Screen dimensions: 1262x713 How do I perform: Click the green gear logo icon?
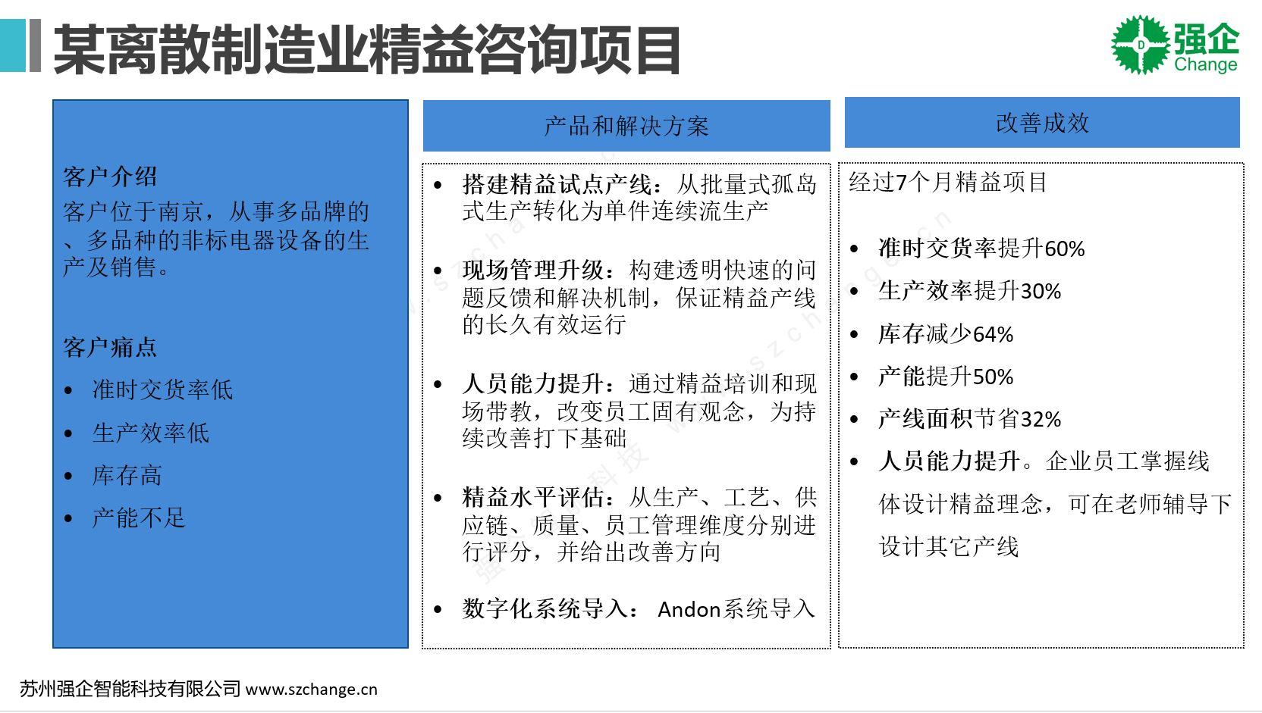pyautogui.click(x=1141, y=45)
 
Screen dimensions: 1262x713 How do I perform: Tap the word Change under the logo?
pyautogui.click(x=1206, y=64)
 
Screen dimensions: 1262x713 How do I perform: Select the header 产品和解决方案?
pyautogui.click(x=626, y=126)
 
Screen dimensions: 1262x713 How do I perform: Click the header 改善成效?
pyautogui.click(x=1042, y=124)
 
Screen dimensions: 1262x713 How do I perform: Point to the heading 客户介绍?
pyautogui.click(x=110, y=177)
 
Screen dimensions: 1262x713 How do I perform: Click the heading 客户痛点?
pyautogui.click(x=110, y=347)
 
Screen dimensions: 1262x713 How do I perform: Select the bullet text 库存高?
pyautogui.click(x=127, y=476)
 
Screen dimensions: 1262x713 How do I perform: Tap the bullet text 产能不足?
pyautogui.click(x=139, y=518)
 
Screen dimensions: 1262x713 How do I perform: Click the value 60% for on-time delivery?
pyautogui.click(x=1064, y=249)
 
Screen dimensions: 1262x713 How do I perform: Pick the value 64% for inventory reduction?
pyautogui.click(x=993, y=335)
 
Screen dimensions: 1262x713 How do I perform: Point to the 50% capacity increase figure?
pyautogui.click(x=993, y=377)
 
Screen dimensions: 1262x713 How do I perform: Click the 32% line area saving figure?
pyautogui.click(x=1041, y=420)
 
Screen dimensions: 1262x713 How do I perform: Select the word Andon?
pyautogui.click(x=689, y=609)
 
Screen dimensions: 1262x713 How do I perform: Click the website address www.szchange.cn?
pyautogui.click(x=312, y=690)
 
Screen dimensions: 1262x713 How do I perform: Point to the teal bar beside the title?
pyautogui.click(x=12, y=45)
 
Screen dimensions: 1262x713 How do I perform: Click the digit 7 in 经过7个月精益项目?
pyautogui.click(x=902, y=183)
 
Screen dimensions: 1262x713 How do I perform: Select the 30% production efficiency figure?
pyautogui.click(x=1041, y=292)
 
